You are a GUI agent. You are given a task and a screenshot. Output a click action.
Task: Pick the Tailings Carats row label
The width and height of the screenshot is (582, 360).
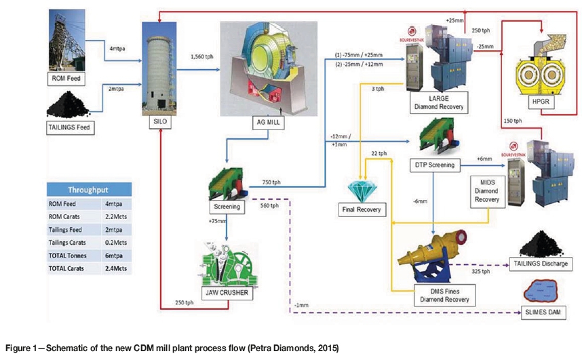tap(71, 243)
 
